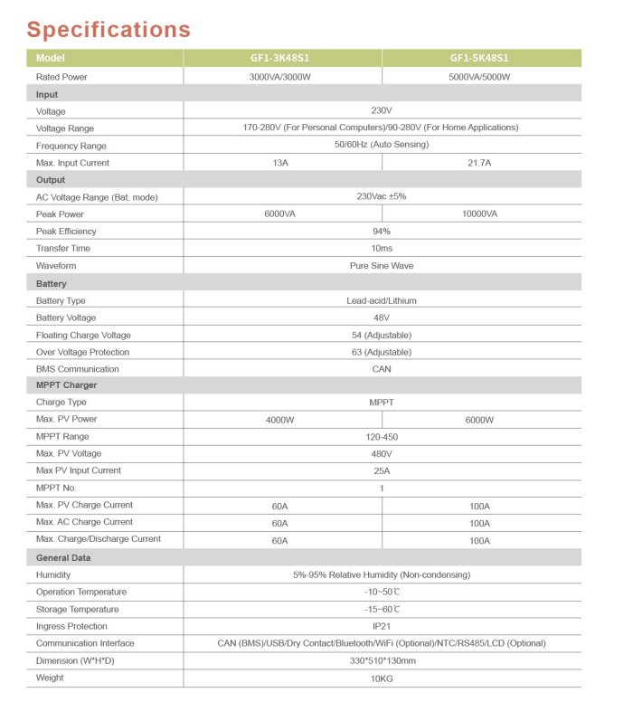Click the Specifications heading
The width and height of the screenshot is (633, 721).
pos(109,29)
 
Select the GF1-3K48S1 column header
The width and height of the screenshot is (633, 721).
pos(279,58)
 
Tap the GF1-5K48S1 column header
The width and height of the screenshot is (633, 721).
pos(479,58)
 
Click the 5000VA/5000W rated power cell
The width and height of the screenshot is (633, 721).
pos(479,77)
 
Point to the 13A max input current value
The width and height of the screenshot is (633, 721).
pos(280,163)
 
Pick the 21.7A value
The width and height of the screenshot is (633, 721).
pos(479,163)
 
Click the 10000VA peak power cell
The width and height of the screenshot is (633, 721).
pos(479,214)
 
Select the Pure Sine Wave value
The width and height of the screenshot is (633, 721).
pos(381,266)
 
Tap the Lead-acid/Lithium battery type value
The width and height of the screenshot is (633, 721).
pos(381,300)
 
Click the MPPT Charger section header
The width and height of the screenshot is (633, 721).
pos(66,385)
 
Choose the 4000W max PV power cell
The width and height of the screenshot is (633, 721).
pos(280,420)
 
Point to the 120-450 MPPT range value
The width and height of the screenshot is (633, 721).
pos(381,437)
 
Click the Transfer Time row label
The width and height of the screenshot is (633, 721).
pos(62,249)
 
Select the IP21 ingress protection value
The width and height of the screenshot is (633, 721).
pos(381,626)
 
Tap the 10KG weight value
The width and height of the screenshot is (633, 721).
pos(381,678)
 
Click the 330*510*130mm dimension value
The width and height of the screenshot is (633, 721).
pos(381,660)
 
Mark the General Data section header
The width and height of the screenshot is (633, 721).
pos(63,558)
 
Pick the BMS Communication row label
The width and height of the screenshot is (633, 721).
pos(77,369)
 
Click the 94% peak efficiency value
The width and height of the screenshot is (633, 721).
pos(381,232)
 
